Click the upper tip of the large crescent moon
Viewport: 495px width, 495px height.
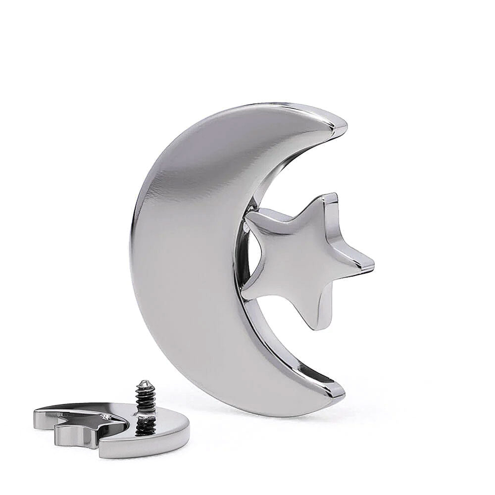[342, 124]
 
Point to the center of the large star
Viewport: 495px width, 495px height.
[302, 257]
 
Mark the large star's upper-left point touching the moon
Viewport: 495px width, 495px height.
[250, 216]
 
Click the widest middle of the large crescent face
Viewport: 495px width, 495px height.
[188, 257]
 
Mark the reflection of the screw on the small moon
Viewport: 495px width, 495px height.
[146, 426]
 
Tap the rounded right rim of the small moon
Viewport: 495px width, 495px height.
[185, 431]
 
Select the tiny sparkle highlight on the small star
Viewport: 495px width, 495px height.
[105, 417]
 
